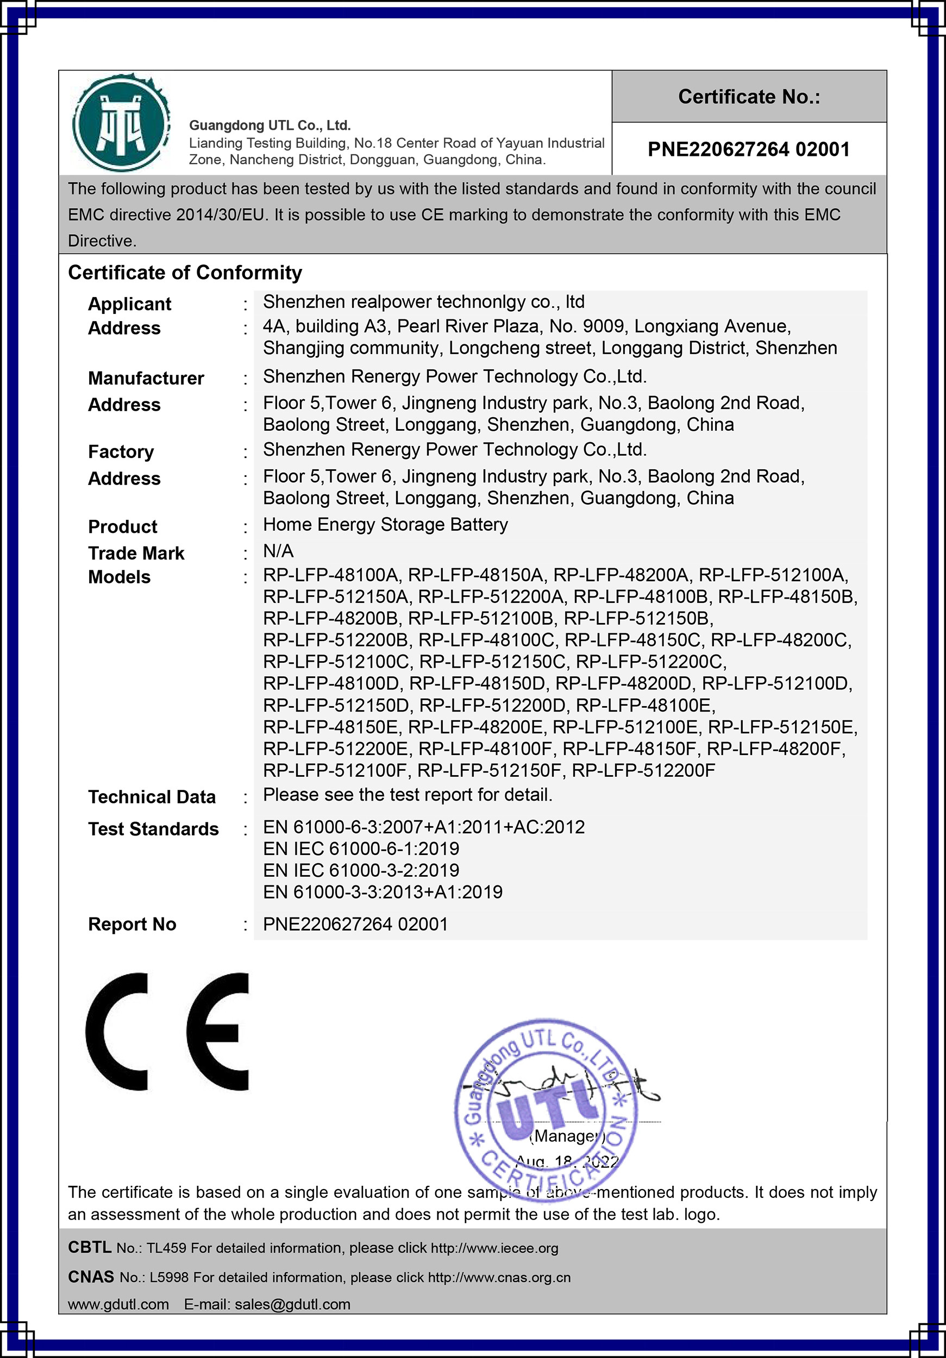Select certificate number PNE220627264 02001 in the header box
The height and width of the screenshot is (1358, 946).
tap(749, 149)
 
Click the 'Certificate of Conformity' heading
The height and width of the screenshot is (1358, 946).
tap(185, 273)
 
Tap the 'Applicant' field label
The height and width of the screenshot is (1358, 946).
tap(129, 304)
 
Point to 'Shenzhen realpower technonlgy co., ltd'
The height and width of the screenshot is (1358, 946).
tap(424, 302)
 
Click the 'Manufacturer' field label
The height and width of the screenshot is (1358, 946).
tap(146, 378)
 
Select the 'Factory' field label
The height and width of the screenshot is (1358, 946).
tap(121, 452)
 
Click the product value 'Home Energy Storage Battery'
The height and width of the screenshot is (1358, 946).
tap(385, 525)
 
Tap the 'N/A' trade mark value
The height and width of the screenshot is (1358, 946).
tap(278, 551)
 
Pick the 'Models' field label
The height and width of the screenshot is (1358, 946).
tap(120, 577)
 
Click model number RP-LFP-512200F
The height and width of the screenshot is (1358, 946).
tap(643, 771)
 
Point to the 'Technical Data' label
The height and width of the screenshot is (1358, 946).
tap(152, 797)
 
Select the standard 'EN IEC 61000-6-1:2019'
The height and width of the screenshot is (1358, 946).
tap(361, 848)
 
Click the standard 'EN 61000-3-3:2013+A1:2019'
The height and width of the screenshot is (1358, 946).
tap(383, 892)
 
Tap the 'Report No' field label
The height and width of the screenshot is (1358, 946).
tap(132, 925)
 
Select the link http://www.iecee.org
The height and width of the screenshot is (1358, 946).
tap(494, 1248)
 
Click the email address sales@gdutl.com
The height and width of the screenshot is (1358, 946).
tap(292, 1304)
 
